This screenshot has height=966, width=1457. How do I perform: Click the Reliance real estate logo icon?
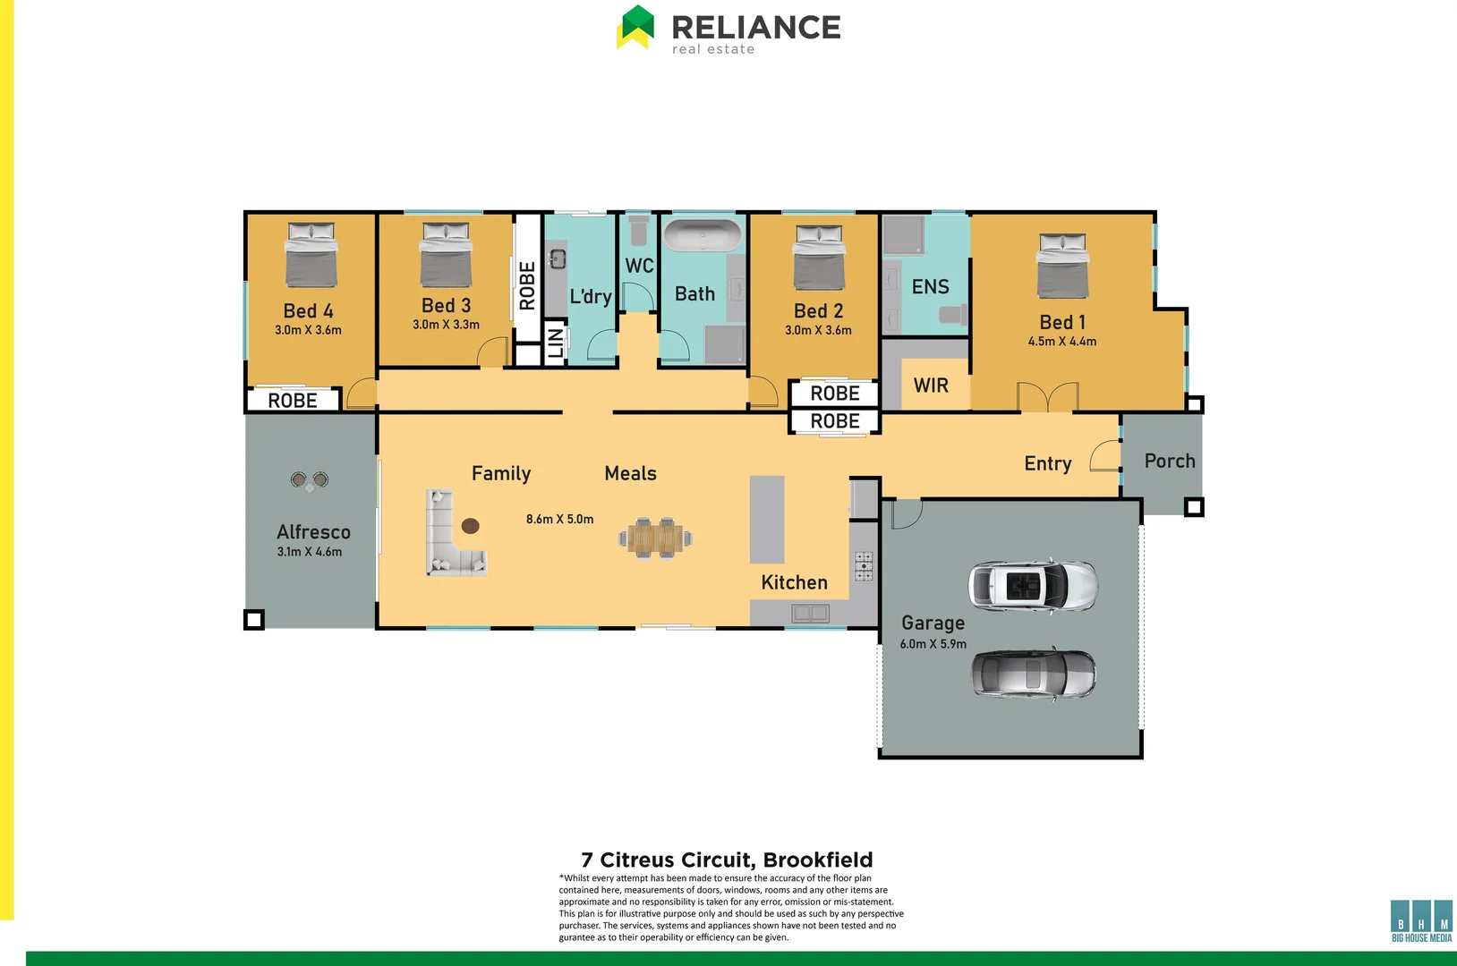[635, 27]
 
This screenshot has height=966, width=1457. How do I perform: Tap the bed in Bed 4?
[311, 255]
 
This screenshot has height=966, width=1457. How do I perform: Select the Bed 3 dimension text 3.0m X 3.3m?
[446, 325]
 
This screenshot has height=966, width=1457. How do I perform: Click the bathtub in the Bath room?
[703, 236]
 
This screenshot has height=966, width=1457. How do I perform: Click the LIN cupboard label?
[556, 343]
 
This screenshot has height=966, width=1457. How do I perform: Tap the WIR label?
[931, 386]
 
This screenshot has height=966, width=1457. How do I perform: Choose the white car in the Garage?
[1033, 587]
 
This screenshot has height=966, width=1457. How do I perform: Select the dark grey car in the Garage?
[1034, 674]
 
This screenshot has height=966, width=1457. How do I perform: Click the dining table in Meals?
[655, 538]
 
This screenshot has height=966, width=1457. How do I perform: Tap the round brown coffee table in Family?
[470, 526]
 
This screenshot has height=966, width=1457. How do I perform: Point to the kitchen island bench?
[766, 519]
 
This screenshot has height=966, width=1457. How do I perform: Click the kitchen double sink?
[810, 614]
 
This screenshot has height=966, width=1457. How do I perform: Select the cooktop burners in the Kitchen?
[864, 566]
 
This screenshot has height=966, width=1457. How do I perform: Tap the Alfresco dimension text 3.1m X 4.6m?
[310, 552]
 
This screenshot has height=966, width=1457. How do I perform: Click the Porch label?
[1170, 461]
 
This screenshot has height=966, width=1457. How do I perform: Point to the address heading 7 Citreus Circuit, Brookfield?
[727, 860]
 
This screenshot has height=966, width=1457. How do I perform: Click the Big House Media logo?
[1421, 920]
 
